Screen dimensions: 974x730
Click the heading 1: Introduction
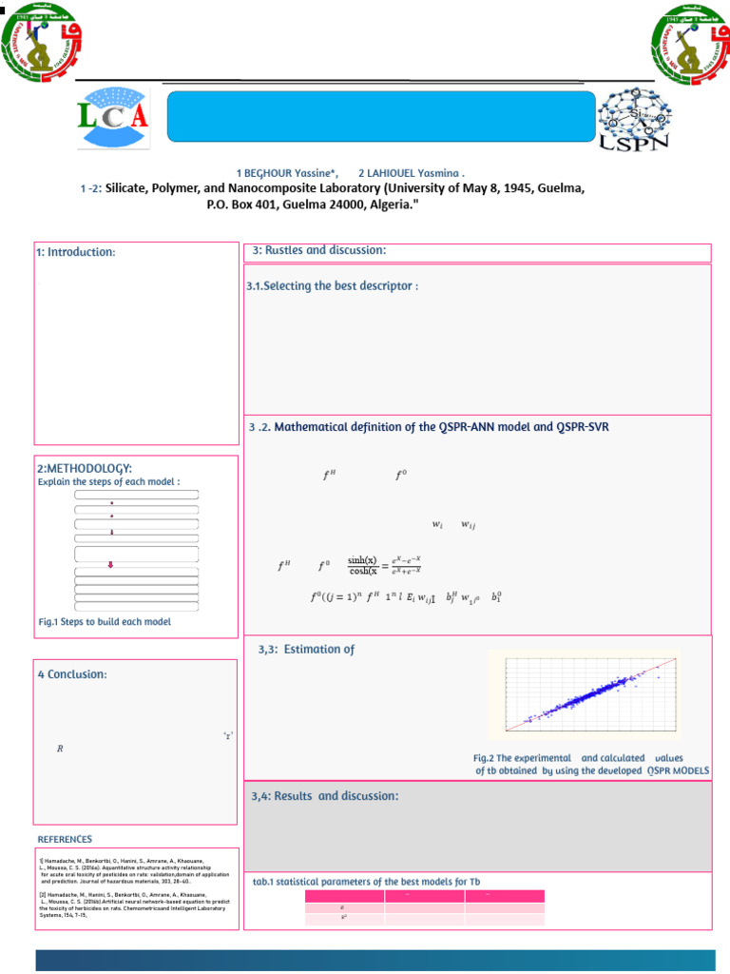[75, 252]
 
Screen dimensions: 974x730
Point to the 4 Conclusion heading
[72, 674]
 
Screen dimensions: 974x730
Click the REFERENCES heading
[65, 839]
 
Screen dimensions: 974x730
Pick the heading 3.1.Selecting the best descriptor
[332, 286]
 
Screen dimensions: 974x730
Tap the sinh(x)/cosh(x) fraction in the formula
[362, 565]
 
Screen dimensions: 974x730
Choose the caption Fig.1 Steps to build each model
[105, 621]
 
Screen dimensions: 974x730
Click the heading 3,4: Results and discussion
[324, 795]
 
